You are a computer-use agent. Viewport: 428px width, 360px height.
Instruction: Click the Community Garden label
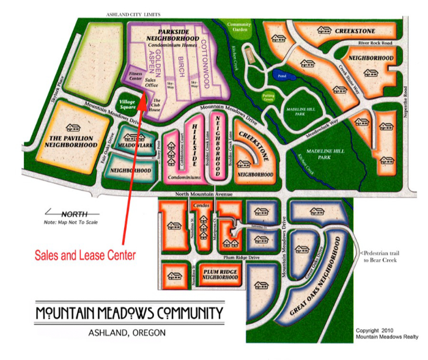tap(239, 28)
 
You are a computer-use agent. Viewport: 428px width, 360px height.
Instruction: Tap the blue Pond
tap(282, 77)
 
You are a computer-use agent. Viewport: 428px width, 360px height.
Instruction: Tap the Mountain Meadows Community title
tap(130, 314)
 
